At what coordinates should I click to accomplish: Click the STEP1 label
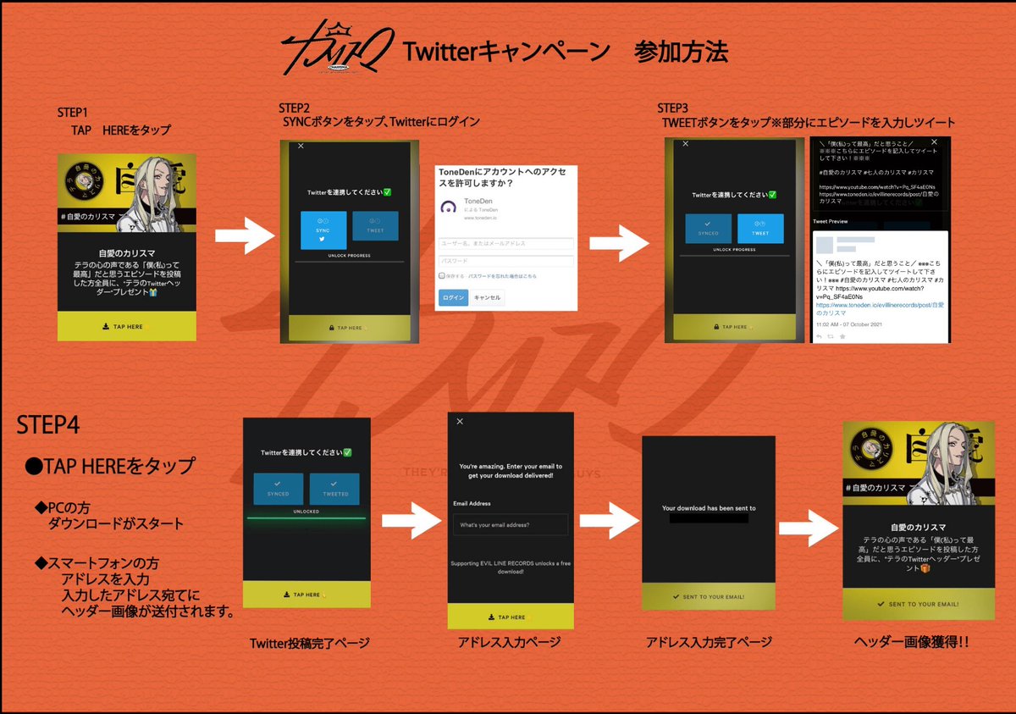click(x=72, y=112)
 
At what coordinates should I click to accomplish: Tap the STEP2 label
click(x=295, y=108)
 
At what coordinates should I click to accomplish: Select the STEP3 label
click(x=673, y=108)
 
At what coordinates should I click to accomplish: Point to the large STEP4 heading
click(x=49, y=424)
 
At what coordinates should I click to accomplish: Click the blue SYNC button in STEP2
click(x=323, y=230)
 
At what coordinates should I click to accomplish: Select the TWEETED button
click(x=334, y=489)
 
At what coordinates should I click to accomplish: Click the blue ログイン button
click(x=453, y=297)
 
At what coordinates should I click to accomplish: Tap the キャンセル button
click(x=487, y=297)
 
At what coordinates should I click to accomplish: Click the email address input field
click(x=510, y=525)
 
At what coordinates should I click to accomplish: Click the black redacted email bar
click(x=709, y=518)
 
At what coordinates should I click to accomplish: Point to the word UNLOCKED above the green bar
click(x=306, y=512)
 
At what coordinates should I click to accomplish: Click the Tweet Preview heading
click(x=831, y=221)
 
